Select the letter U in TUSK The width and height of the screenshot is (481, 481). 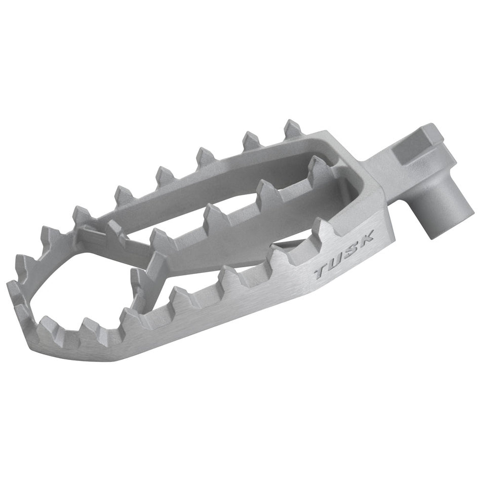337,262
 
